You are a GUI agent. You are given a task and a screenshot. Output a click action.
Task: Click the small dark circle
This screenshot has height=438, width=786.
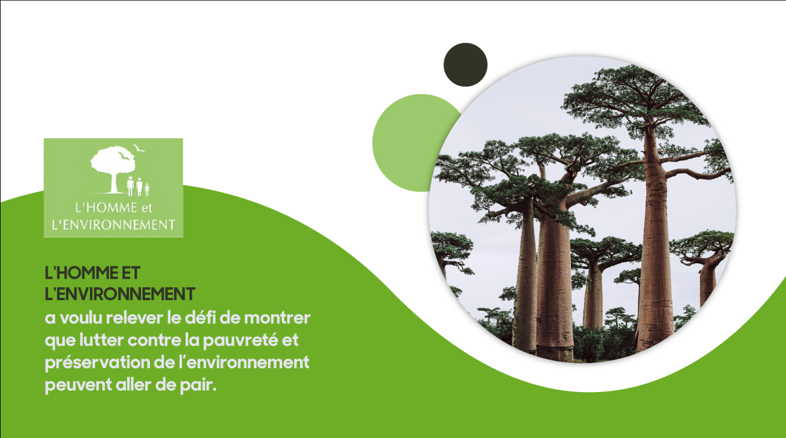point(465,65)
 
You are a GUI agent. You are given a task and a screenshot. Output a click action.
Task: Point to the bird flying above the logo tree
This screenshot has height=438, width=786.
point(139,149)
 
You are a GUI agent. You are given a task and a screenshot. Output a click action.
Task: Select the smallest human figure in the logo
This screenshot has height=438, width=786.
point(147,189)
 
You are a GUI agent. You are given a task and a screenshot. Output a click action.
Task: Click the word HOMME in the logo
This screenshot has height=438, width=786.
point(110,208)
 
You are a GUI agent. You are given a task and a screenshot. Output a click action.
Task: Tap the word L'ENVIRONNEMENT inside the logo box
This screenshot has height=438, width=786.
point(113,225)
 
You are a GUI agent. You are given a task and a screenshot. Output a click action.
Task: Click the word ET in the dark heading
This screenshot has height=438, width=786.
point(131,273)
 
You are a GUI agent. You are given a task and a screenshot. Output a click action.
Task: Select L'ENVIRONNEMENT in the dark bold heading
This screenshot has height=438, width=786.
point(119,294)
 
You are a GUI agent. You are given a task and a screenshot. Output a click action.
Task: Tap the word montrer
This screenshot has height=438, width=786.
point(277,318)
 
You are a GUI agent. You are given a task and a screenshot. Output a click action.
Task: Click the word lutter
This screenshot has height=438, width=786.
point(102,340)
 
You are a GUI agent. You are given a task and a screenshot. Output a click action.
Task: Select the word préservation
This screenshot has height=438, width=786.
point(98,363)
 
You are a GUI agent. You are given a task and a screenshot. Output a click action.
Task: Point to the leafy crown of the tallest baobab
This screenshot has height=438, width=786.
point(635,98)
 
